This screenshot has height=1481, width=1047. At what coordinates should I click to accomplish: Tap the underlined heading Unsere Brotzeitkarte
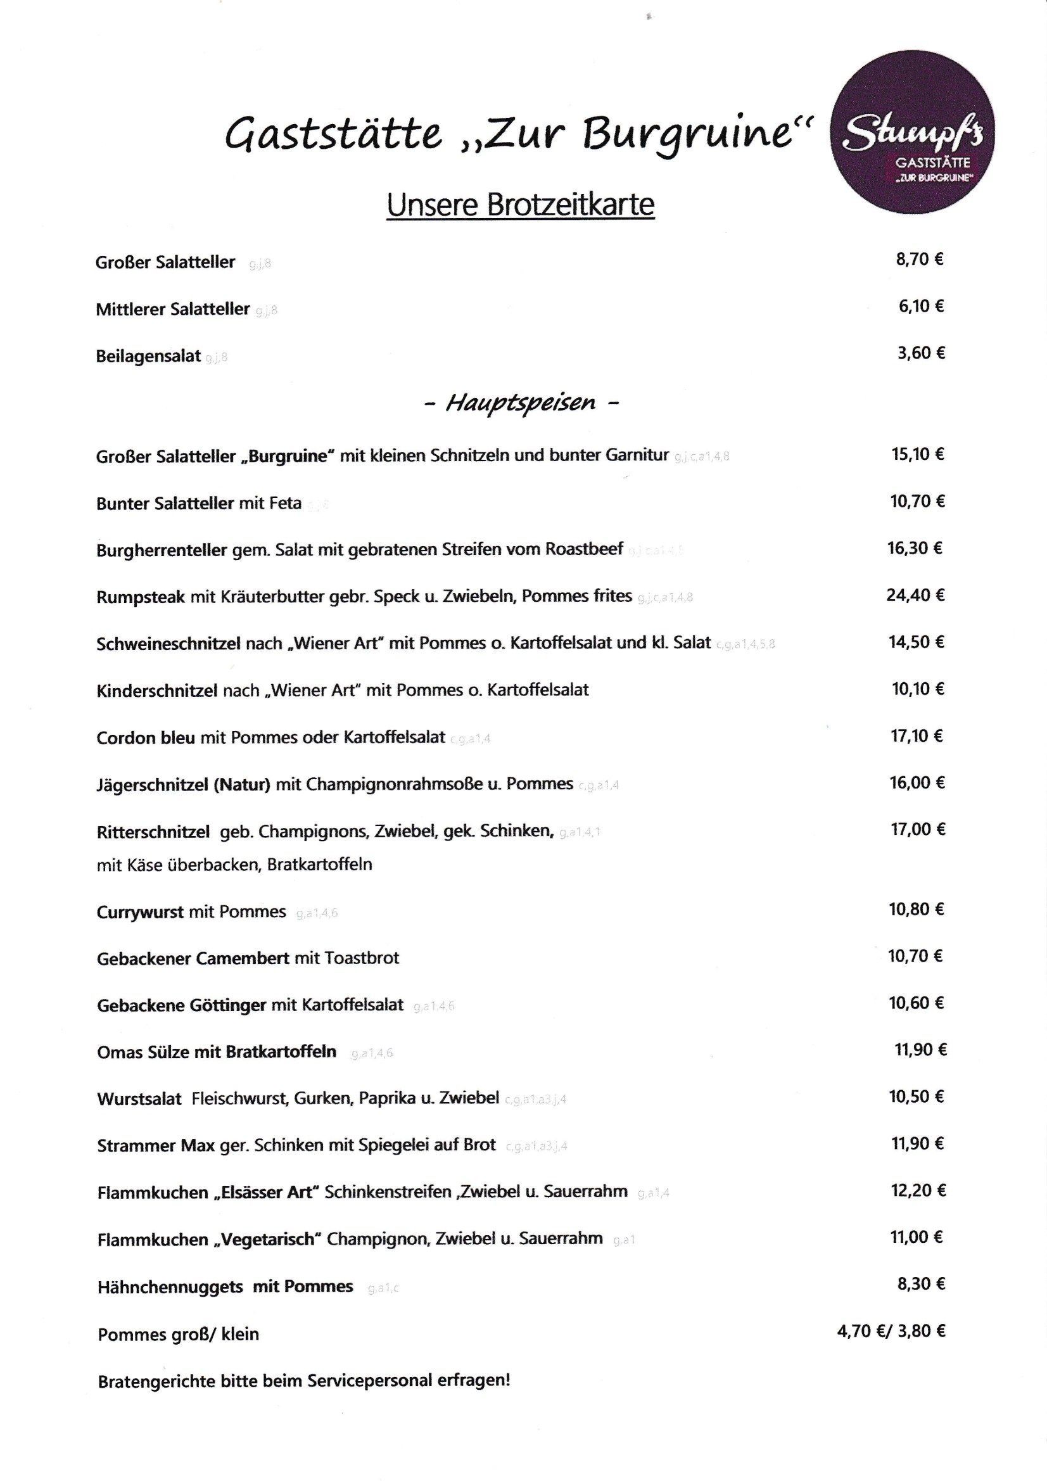coord(520,205)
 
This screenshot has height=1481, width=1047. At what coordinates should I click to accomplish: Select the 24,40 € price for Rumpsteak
coord(915,595)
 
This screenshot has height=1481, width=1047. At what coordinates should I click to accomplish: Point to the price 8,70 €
coord(920,259)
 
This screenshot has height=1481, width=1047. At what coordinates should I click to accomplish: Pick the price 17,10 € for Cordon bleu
coord(917,735)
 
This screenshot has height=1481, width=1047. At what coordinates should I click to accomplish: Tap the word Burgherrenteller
coord(162,550)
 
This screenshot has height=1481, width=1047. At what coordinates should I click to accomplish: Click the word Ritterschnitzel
coord(153,832)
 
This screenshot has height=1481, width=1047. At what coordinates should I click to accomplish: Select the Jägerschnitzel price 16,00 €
coord(917,782)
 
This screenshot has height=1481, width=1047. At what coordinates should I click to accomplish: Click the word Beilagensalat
coord(148,356)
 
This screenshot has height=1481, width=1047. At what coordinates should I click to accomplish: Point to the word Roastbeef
coord(584,549)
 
